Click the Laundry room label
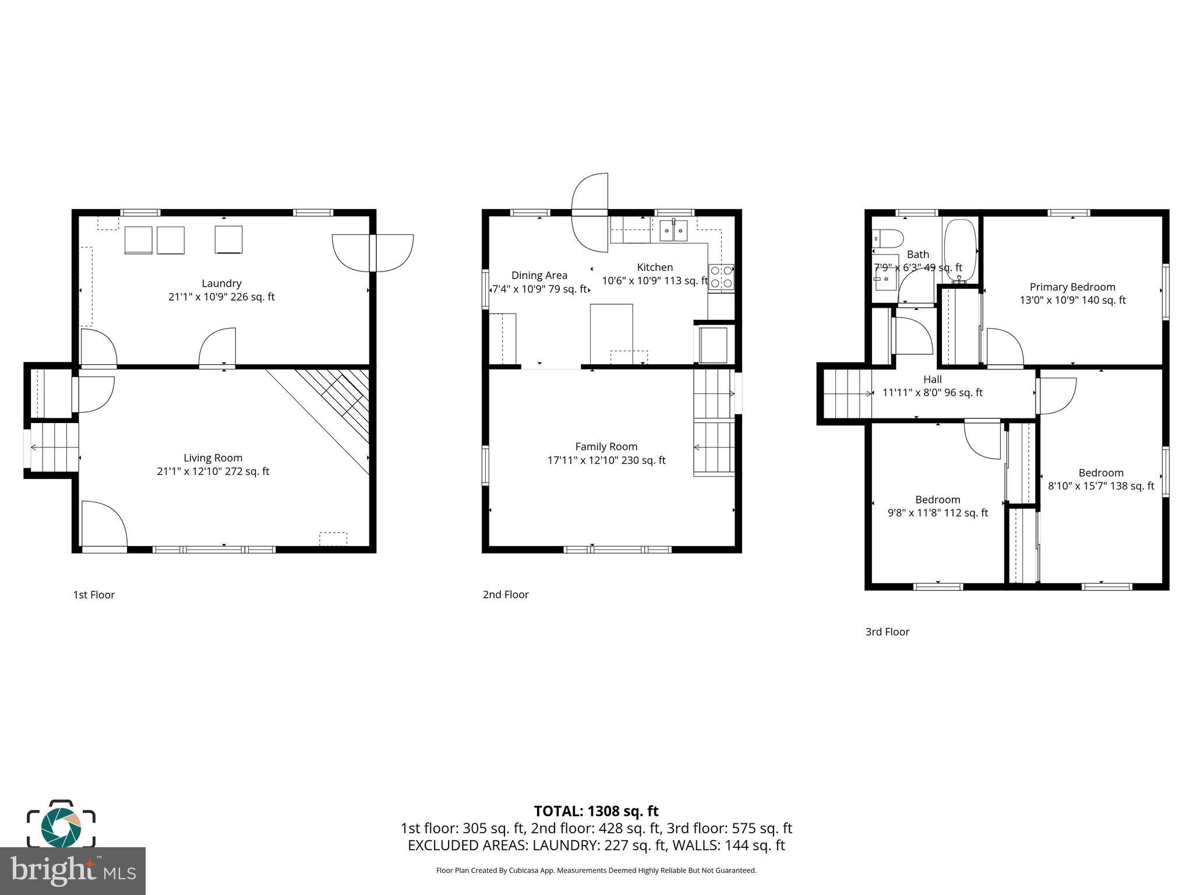(x=221, y=283)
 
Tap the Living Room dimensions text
(x=213, y=471)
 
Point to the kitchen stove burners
(x=721, y=276)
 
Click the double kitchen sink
(x=673, y=231)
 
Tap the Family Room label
(x=606, y=446)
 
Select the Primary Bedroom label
(x=1072, y=287)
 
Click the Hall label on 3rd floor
(x=933, y=379)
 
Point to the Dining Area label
(x=539, y=275)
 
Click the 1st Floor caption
(x=94, y=594)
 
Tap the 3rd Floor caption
(x=887, y=632)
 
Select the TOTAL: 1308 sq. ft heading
(x=596, y=811)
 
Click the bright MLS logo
(x=73, y=871)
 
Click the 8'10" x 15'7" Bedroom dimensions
(x=1101, y=486)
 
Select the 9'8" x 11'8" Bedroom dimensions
(x=938, y=513)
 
